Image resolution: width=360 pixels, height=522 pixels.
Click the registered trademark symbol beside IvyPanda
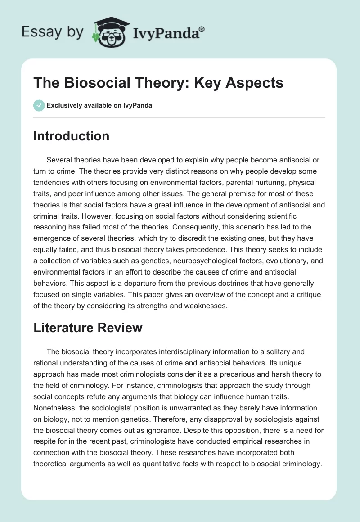tap(202, 29)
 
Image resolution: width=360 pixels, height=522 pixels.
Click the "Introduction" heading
tap(71, 136)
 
